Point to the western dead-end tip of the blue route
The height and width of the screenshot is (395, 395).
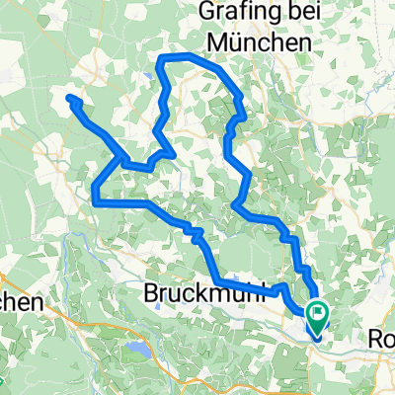70,98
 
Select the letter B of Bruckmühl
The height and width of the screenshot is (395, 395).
154,294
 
